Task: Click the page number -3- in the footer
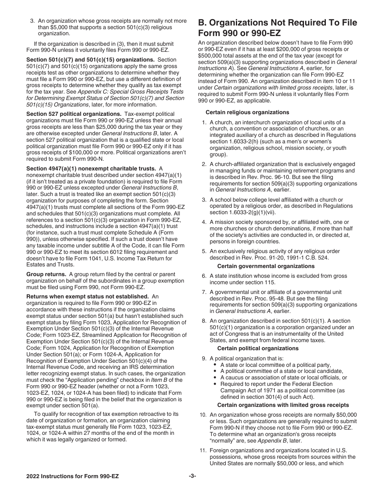192,477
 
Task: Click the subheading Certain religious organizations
247,112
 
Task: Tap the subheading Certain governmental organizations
266,266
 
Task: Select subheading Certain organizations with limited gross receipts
283,405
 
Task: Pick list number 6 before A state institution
204,276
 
